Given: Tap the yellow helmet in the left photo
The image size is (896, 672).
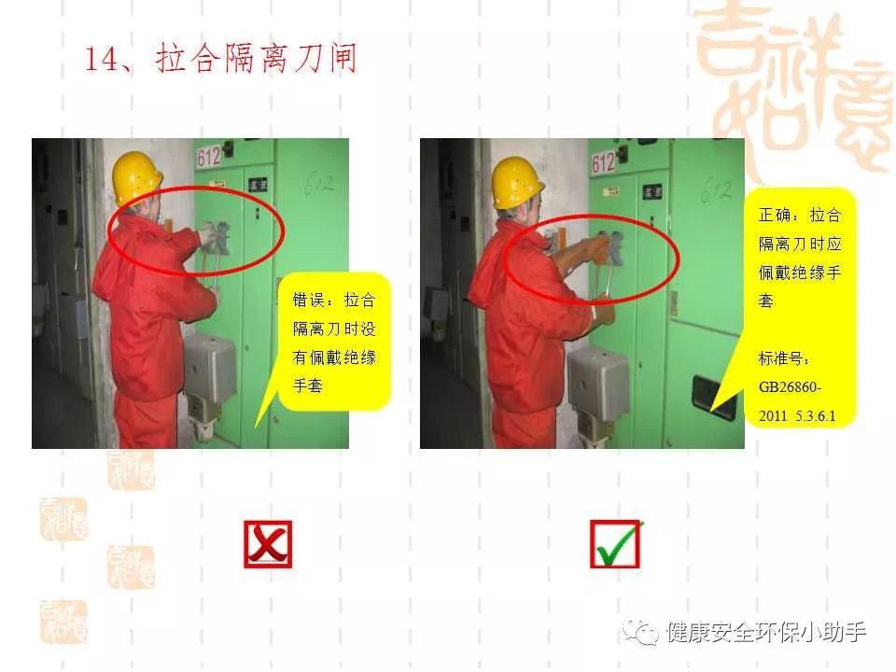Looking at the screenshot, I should pyautogui.click(x=137, y=177).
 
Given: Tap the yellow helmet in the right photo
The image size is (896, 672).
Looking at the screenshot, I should pyautogui.click(x=518, y=181).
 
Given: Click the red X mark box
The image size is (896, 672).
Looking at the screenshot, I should pyautogui.click(x=268, y=544).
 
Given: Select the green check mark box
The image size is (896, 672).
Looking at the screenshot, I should pyautogui.click(x=616, y=544).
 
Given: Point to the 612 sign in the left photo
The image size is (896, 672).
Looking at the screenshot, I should pyautogui.click(x=209, y=156).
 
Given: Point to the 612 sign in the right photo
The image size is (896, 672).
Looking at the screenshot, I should pyautogui.click(x=604, y=163).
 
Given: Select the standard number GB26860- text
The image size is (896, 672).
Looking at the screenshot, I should pyautogui.click(x=792, y=387).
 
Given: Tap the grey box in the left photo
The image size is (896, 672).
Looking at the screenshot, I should pyautogui.click(x=209, y=367).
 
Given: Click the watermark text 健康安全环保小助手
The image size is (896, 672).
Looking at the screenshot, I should pyautogui.click(x=766, y=633).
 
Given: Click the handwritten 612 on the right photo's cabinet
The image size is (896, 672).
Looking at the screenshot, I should pyautogui.click(x=717, y=189).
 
